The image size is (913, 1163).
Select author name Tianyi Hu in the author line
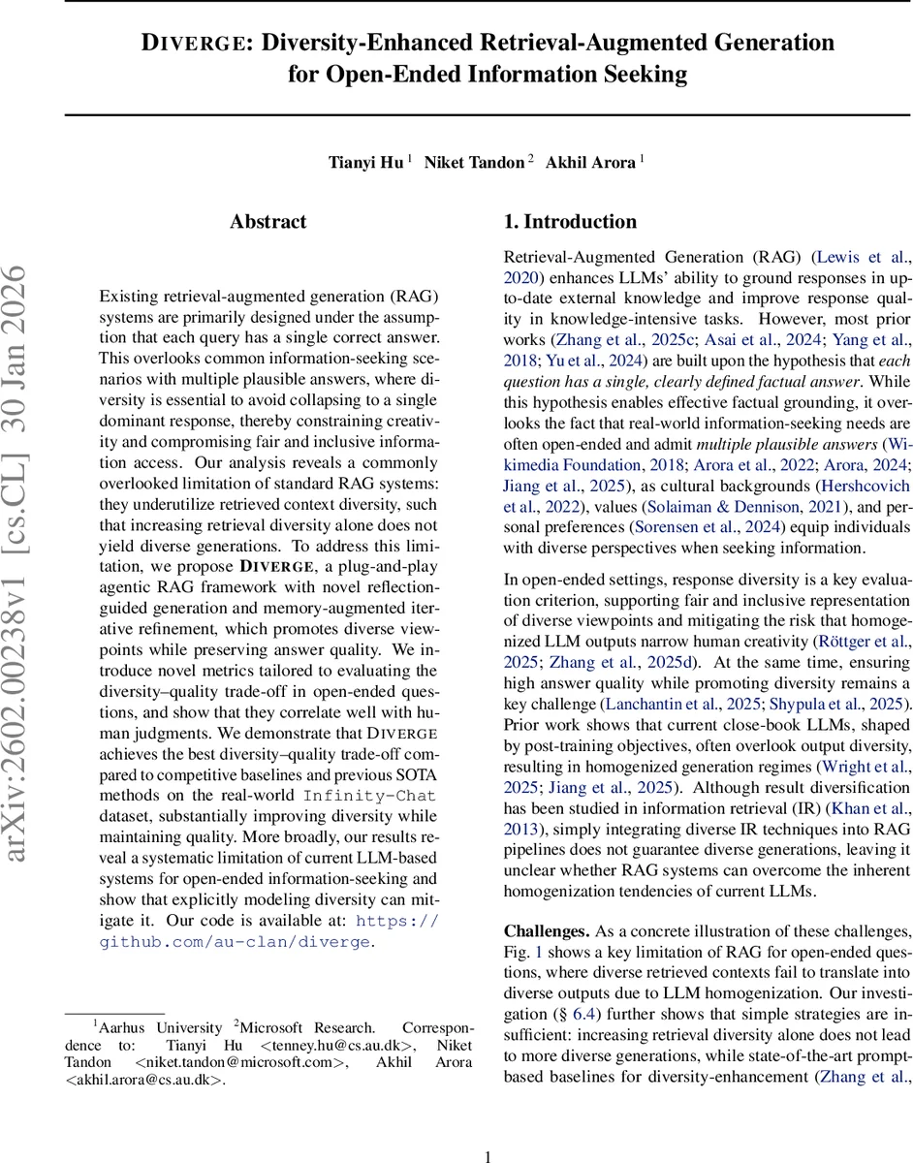tap(366, 163)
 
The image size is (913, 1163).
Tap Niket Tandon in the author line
tap(475, 163)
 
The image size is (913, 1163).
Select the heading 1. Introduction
tap(570, 222)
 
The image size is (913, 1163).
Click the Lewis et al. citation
tap(863, 257)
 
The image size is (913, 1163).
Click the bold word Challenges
tap(546, 931)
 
